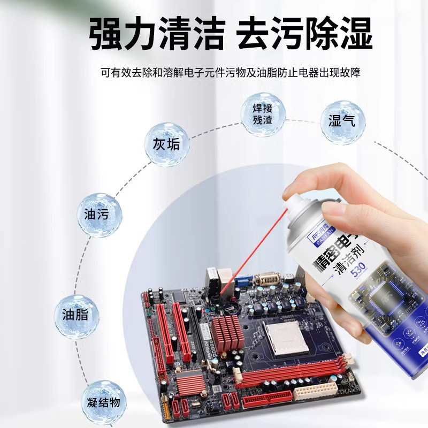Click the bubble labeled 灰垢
(166, 144)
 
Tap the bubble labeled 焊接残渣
(262, 114)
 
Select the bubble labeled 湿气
(342, 122)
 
